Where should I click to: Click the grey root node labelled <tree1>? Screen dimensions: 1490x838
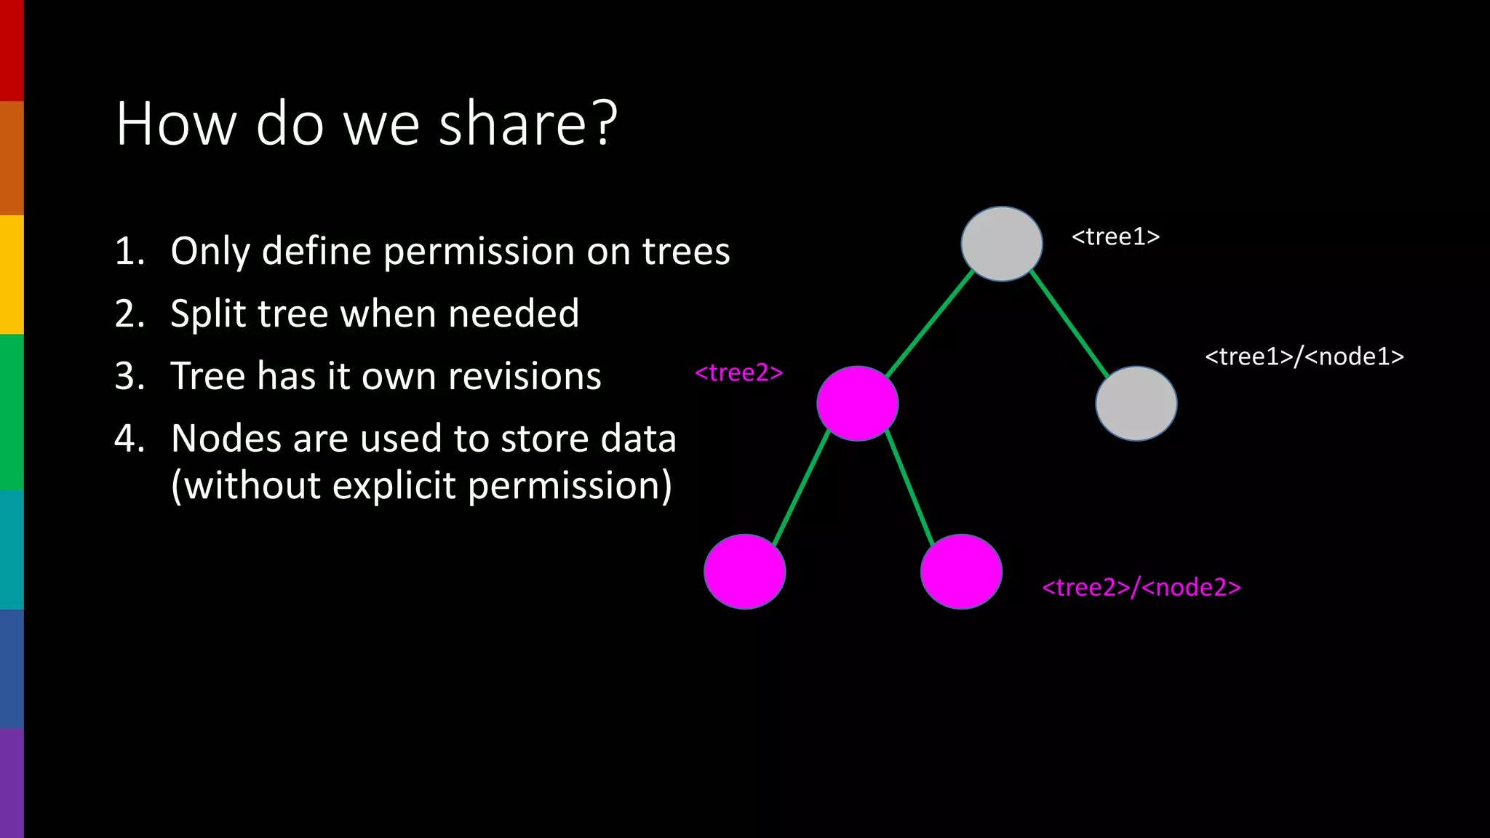[1001, 244]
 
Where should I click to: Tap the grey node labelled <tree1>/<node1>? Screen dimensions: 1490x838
[1136, 404]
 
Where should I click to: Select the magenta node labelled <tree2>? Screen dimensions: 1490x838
[857, 404]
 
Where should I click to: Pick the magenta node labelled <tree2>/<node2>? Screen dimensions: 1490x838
[961, 572]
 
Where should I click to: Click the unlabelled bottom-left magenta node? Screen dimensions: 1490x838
[744, 572]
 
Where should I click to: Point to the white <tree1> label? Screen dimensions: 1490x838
[1115, 236]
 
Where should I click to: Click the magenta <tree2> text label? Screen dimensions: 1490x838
[738, 372]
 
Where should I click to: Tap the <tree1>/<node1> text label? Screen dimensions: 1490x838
[1304, 356]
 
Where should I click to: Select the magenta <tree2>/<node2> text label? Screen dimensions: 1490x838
[1141, 587]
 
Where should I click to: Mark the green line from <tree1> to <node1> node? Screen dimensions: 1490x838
[1069, 324]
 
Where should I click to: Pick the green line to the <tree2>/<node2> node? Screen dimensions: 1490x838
[910, 487]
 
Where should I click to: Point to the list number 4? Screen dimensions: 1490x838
[125, 439]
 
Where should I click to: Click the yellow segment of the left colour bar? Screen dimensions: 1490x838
[12, 274]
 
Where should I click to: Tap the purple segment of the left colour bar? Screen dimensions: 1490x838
[12, 782]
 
